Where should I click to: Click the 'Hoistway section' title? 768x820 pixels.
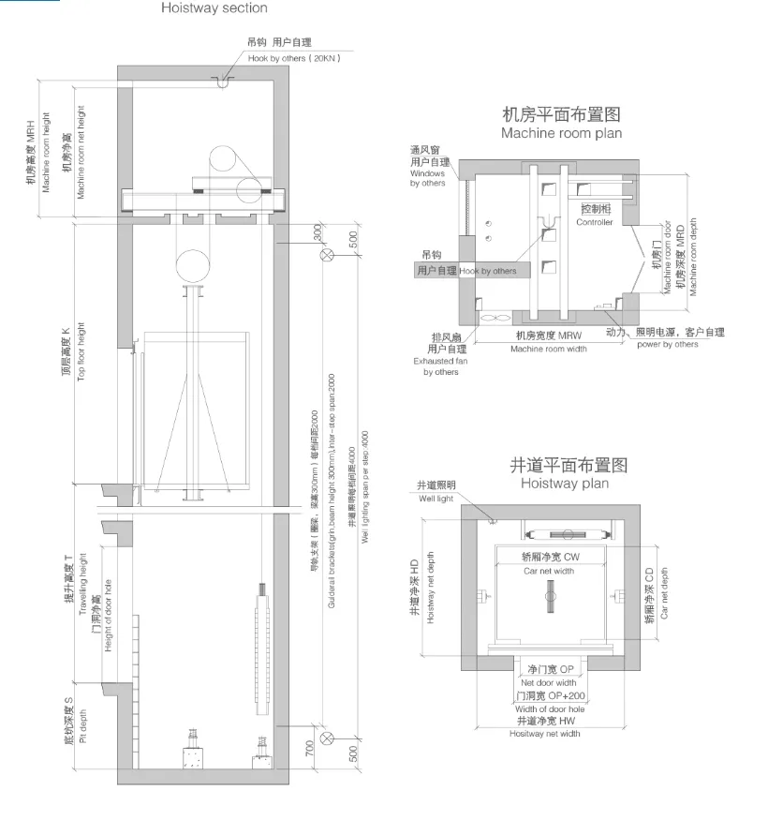214,8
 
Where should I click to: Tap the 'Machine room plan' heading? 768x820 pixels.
561,133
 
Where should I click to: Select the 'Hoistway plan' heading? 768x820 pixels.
564,484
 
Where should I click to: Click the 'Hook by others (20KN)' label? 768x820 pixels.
293,59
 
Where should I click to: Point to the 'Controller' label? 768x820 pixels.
595,223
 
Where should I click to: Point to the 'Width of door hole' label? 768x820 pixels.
550,708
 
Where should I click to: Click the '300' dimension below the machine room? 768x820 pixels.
318,231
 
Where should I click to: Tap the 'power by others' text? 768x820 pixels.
667,345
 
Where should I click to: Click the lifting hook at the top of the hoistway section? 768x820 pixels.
222,83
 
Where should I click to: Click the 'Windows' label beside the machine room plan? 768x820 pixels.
427,173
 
